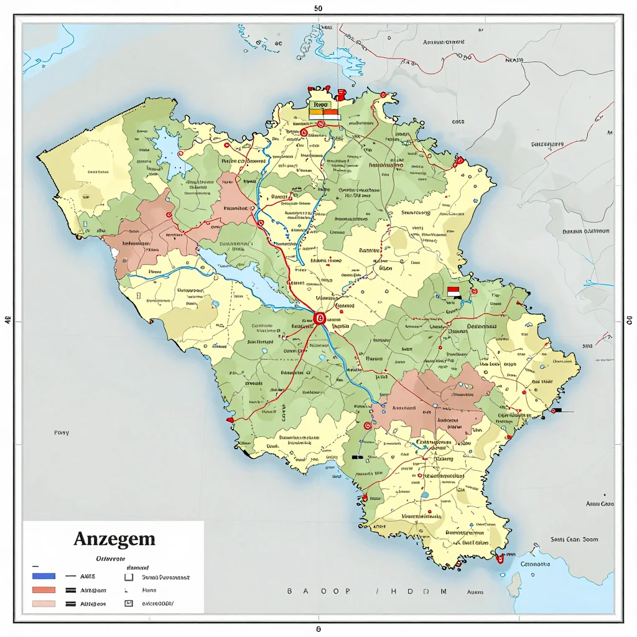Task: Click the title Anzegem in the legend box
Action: pos(114,539)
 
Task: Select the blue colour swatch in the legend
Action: pos(43,576)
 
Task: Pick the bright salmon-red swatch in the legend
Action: pos(43,590)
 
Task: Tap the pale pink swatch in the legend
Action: pos(43,603)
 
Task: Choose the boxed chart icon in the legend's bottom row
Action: pos(129,603)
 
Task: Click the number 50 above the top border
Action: pos(318,9)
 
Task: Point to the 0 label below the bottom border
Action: pos(318,629)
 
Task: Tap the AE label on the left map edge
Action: pos(7,322)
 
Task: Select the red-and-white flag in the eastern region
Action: pos(453,291)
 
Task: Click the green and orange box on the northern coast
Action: pos(323,109)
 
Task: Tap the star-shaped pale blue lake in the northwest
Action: pos(166,149)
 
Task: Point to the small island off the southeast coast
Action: pos(514,585)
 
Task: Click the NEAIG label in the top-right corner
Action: pos(514,61)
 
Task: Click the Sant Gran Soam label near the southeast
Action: pos(574,539)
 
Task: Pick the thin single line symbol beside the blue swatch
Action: pos(70,576)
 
